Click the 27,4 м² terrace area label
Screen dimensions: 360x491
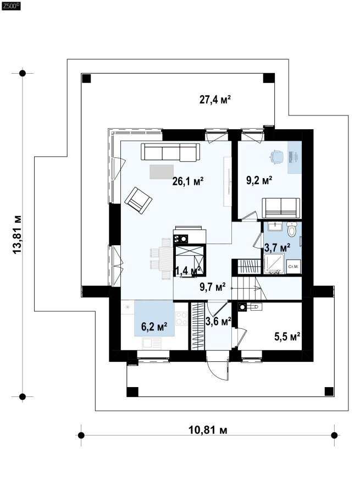[215, 100]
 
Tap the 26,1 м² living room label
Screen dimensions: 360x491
[188, 181]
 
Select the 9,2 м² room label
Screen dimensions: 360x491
[259, 180]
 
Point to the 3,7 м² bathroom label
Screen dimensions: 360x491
[277, 247]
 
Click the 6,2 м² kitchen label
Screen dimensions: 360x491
[154, 327]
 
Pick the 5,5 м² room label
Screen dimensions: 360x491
[287, 336]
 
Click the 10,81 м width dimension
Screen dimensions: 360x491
[208, 430]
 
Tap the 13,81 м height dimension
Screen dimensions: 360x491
[17, 235]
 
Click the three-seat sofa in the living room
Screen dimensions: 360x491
[170, 152]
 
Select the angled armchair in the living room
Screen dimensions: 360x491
[138, 200]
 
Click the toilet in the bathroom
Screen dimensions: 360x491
[292, 229]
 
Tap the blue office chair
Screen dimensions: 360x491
[276, 156]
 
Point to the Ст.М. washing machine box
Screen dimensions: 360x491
[293, 267]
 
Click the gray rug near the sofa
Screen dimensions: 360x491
[162, 172]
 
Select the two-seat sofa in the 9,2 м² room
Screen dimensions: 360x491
[281, 208]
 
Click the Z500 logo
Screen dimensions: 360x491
[11, 6]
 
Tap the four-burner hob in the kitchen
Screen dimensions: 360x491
[182, 319]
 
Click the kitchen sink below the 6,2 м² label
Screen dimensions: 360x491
[152, 344]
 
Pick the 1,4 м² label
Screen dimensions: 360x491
[188, 271]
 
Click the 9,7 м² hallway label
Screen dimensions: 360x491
[213, 286]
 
